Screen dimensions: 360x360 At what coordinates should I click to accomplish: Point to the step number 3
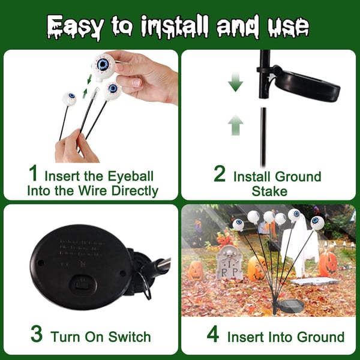pos(37,334)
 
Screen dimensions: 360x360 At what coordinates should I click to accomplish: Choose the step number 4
pos(213,334)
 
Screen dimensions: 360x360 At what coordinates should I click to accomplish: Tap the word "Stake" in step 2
pos(270,191)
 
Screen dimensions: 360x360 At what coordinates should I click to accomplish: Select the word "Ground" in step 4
pos(317,337)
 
